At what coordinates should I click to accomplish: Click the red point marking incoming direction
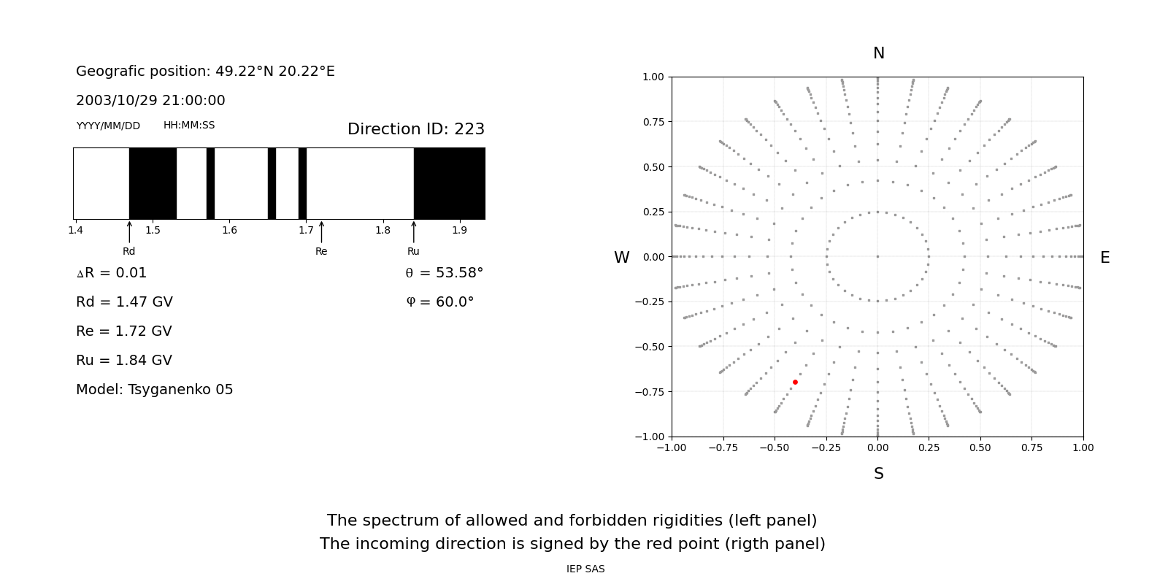coord(795,382)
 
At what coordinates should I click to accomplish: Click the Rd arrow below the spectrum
coord(129,232)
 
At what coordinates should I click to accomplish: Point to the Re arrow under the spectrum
coord(321,232)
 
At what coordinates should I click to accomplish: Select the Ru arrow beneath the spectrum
coord(414,232)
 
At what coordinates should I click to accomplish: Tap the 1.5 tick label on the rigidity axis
coord(153,231)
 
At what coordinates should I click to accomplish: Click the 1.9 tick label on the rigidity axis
coord(459,231)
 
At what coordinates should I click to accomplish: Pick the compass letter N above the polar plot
coord(878,53)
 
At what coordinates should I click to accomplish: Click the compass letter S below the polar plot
coord(878,474)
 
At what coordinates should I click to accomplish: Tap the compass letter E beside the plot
coord(1104,258)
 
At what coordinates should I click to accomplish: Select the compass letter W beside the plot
coord(621,258)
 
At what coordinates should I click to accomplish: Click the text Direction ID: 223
coord(415,129)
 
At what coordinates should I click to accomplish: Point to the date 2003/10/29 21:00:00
coord(150,101)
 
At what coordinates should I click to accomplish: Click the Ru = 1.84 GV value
coord(124,361)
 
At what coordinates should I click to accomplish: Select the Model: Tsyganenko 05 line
coord(154,390)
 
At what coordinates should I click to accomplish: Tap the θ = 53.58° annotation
coord(444,273)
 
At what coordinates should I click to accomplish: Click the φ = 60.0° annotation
coord(439,302)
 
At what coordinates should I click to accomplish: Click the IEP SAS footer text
coord(585,569)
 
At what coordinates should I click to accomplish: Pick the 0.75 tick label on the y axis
coord(653,122)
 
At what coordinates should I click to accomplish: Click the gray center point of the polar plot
coord(877,256)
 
